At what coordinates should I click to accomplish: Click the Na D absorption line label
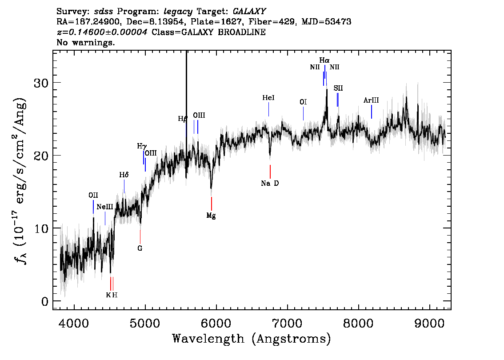point(270,184)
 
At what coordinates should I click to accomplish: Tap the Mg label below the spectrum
point(211,216)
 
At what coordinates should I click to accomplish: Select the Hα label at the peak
point(324,60)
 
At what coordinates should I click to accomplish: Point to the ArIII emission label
point(371,100)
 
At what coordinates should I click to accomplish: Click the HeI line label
point(268,98)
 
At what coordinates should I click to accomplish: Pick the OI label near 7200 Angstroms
point(303,102)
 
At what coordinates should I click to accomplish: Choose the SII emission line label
point(338,88)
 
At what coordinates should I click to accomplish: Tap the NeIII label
point(105,207)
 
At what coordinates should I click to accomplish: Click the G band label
point(140,248)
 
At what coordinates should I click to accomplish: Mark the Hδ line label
point(124,175)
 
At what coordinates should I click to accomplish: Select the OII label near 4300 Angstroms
point(93,196)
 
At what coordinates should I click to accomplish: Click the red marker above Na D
point(270,172)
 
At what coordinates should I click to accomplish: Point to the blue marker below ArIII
point(372,112)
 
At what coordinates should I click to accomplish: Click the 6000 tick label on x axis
point(216,323)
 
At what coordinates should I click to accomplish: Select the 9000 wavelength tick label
point(429,323)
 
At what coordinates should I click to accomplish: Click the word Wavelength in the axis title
point(208,339)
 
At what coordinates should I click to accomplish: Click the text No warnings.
point(85,42)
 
